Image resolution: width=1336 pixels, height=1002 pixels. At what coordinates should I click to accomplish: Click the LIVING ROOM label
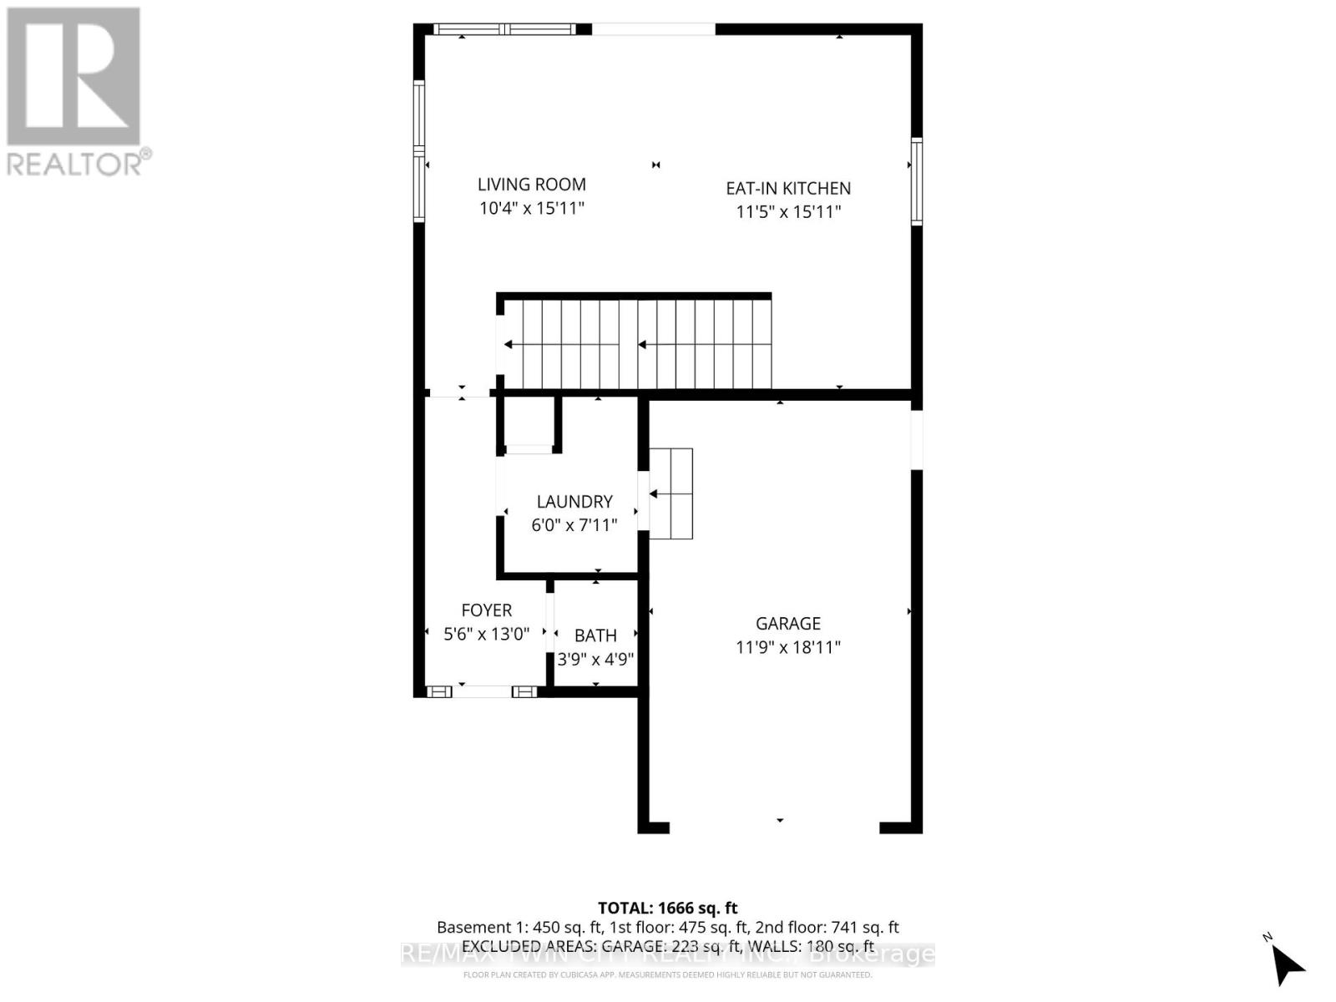[531, 185]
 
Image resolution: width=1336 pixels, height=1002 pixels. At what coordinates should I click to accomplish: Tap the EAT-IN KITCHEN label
[787, 189]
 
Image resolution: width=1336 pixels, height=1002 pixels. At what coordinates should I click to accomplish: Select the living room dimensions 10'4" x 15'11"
[531, 208]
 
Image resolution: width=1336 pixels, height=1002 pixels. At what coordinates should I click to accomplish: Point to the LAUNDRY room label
[574, 502]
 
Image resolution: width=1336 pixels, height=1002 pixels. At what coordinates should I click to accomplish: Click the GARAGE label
[787, 624]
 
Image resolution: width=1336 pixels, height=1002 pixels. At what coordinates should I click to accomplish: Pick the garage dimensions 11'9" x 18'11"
[787, 647]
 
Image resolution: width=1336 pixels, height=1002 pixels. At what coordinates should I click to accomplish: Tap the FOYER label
[486, 611]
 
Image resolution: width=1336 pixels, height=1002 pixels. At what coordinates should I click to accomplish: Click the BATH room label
[595, 636]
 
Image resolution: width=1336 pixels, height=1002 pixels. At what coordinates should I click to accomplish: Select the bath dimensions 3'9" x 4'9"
[595, 660]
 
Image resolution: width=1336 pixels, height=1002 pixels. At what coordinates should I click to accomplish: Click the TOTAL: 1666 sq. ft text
[667, 908]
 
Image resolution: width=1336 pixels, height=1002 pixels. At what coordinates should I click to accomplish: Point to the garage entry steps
[671, 493]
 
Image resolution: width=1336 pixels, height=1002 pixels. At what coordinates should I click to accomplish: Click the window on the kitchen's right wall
[916, 182]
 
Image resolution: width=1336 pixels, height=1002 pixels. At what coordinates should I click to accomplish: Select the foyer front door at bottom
[483, 691]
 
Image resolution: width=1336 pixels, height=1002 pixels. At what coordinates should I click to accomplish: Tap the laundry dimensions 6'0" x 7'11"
[574, 525]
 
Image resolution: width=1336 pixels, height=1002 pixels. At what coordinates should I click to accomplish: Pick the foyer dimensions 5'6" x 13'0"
[486, 635]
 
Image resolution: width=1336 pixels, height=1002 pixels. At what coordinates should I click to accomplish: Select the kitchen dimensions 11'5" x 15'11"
[787, 212]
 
